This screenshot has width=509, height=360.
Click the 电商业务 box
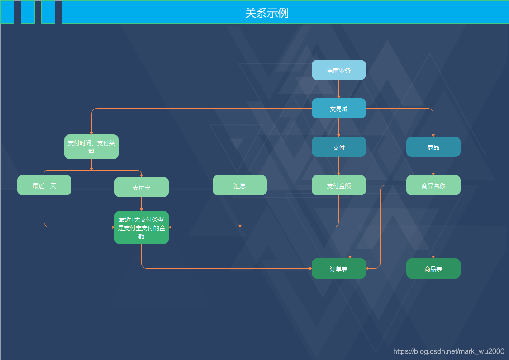tap(338, 70)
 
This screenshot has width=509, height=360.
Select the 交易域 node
tap(338, 109)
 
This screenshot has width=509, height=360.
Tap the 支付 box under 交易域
tap(338, 147)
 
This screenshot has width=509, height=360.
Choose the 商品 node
tap(433, 147)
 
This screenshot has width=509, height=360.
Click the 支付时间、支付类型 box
tap(91, 147)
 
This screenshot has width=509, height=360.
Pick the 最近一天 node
tap(44, 185)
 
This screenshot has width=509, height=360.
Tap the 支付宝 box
tap(141, 187)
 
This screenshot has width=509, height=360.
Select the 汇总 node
tap(240, 185)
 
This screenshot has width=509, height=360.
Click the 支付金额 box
tap(338, 185)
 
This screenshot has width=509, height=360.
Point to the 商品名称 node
tap(433, 185)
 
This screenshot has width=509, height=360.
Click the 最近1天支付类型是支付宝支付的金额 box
tap(141, 227)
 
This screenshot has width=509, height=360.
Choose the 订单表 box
tap(338, 269)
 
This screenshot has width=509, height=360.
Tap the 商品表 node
tap(433, 269)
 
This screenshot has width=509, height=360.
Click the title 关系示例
tap(267, 13)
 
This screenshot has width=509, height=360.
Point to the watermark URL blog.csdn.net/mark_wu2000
tap(448, 351)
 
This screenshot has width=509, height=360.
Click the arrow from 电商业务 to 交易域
tap(338, 89)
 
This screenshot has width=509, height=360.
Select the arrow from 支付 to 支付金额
tap(338, 166)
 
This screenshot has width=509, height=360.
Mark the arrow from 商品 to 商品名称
tap(433, 166)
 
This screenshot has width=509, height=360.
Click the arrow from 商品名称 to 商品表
tap(433, 228)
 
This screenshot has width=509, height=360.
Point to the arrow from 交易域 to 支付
tap(338, 128)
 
